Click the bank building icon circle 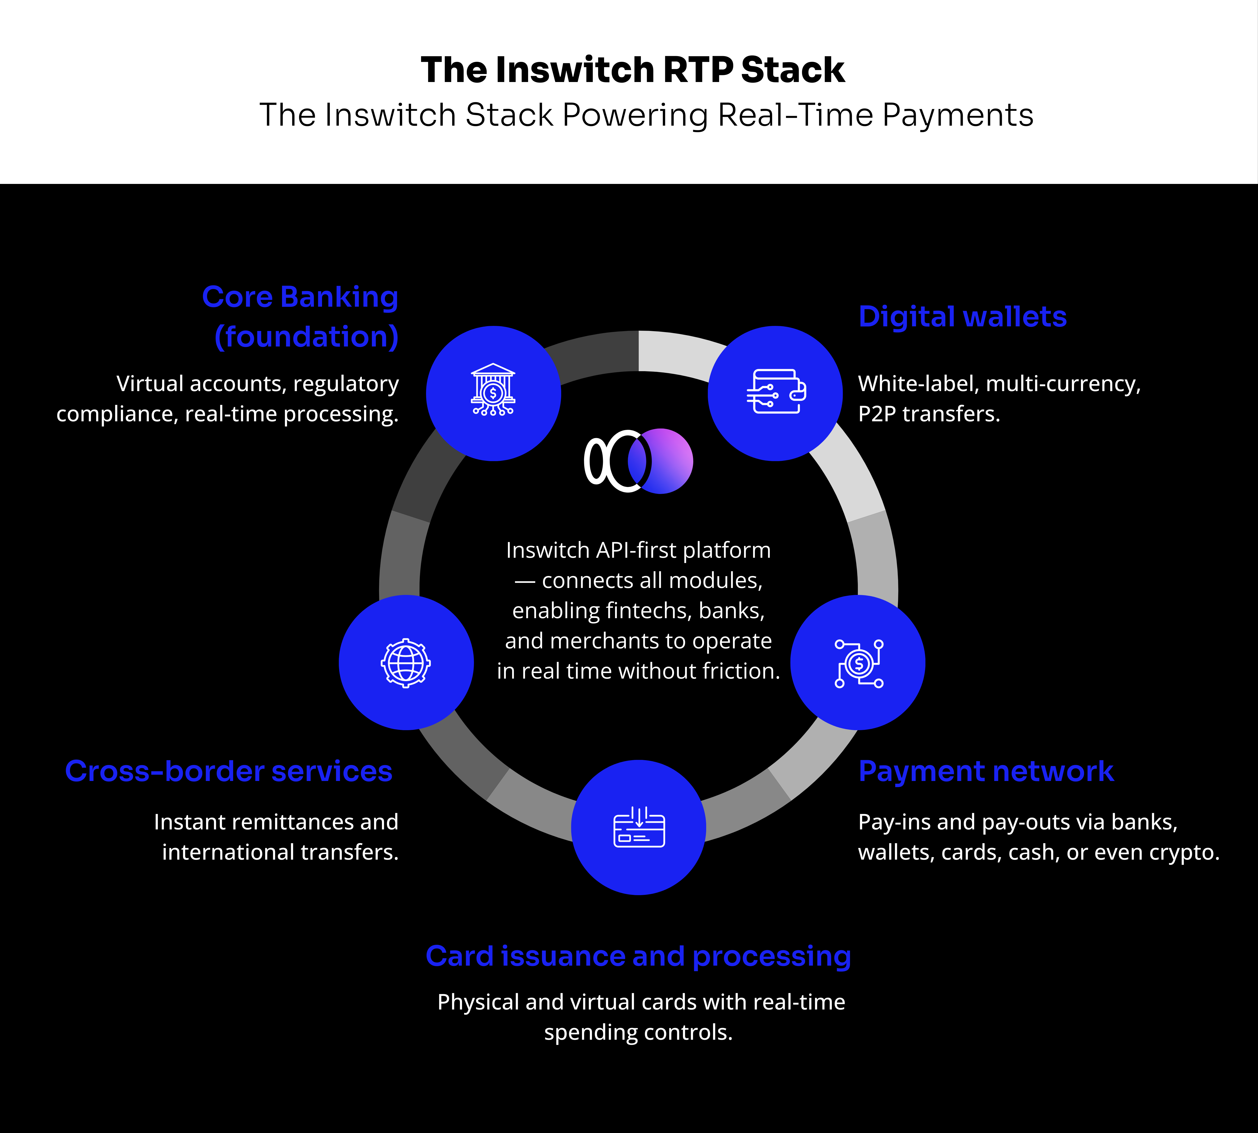493,393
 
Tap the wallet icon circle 775,393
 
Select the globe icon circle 406,662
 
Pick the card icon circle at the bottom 638,827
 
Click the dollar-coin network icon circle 858,662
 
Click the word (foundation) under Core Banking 306,337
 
